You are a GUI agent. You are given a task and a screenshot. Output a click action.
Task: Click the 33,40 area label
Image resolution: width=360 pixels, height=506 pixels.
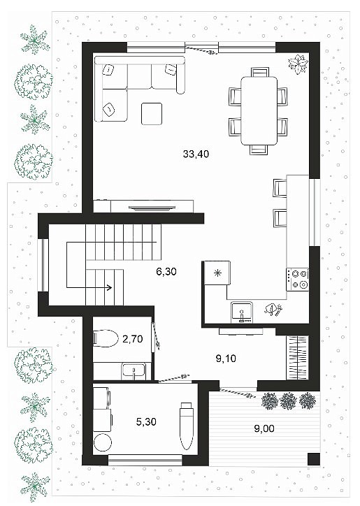coord(196,154)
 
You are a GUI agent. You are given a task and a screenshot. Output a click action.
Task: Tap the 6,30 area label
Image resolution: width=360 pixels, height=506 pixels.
coord(166,272)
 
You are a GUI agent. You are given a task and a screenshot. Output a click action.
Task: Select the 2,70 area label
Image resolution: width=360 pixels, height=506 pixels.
coord(133,339)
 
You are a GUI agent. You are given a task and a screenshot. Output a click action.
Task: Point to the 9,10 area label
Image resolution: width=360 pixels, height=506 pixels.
coord(226,359)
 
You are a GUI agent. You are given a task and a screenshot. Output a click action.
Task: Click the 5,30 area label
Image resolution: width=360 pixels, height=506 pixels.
coord(146,421)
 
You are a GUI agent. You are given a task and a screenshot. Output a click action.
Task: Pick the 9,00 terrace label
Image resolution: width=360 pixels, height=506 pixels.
coord(264,428)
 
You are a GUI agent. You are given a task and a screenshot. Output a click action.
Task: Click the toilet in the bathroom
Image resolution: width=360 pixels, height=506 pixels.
coord(106,338)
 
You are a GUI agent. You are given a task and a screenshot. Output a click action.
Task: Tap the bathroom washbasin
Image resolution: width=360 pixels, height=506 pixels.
coord(134,371)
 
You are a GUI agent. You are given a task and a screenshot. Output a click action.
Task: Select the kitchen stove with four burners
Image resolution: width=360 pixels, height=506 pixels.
coord(297,280)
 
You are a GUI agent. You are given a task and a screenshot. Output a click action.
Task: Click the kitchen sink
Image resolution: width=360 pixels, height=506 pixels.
coord(242,312)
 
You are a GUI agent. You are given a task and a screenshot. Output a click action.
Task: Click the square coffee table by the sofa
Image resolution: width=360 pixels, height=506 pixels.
coord(152,114)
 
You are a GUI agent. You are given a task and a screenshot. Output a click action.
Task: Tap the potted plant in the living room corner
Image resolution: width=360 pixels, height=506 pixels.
coord(297,64)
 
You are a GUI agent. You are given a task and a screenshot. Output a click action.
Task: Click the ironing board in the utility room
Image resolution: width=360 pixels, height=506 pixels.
coord(187,426)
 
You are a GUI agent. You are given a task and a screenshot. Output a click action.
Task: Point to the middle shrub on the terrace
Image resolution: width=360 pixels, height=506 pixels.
coord(288,401)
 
